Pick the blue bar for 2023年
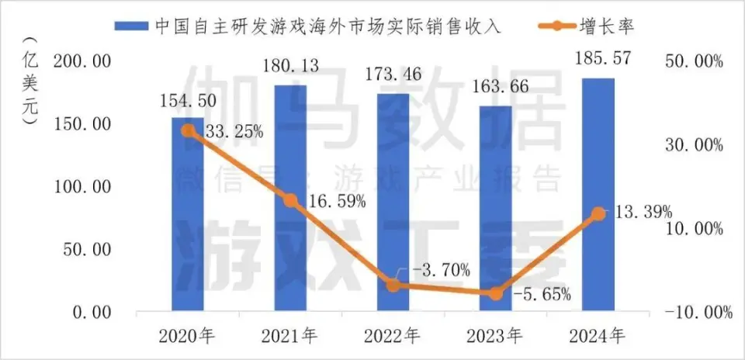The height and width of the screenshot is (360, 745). pos(495,209)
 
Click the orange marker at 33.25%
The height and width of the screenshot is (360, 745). pos(187,130)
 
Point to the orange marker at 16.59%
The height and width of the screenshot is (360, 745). pos(289,200)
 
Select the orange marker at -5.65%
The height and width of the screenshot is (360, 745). pos(495,293)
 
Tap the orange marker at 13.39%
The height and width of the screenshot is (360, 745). pos(598,213)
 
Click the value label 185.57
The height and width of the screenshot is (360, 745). pos(598,59)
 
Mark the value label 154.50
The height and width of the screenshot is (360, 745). pos(187,101)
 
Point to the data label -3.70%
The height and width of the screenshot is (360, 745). pos(440,270)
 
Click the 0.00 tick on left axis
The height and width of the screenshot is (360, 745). pos(92,313)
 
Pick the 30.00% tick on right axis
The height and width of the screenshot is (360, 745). pos(696,145)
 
